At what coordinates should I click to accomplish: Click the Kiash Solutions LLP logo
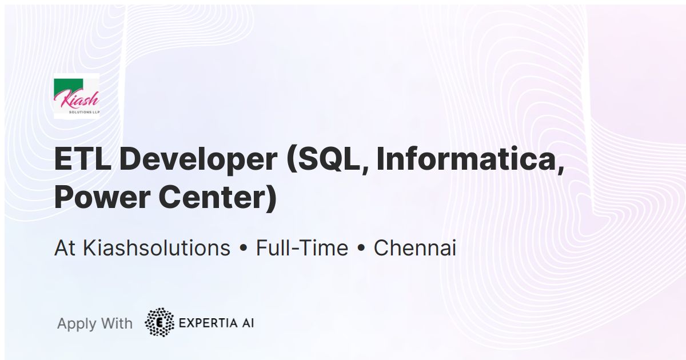coord(77,97)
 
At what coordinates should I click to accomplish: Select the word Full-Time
coord(302,248)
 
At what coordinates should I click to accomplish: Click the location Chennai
coord(414,248)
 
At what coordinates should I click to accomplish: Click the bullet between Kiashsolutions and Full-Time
coord(243,249)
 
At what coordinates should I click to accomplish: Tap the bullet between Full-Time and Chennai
coord(361,249)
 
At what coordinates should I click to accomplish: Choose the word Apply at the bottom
coord(77,323)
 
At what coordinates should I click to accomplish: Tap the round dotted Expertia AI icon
coord(159,322)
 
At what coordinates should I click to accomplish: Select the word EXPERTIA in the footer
coord(208,323)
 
